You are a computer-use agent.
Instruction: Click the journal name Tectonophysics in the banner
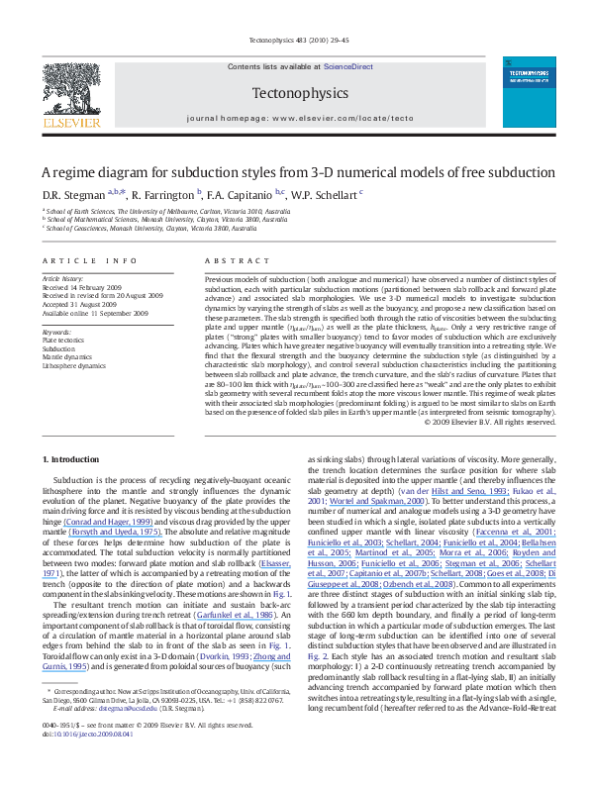pos(294,93)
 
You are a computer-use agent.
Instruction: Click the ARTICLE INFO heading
pos(89,260)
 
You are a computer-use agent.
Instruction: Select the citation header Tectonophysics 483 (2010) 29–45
pos(294,41)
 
